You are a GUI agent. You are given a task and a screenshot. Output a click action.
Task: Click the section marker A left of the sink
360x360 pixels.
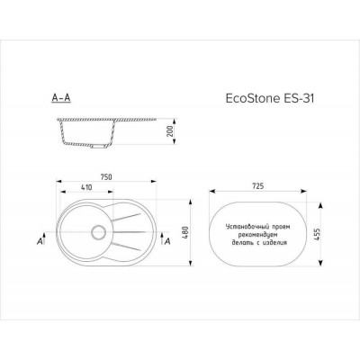coord(41,242)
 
